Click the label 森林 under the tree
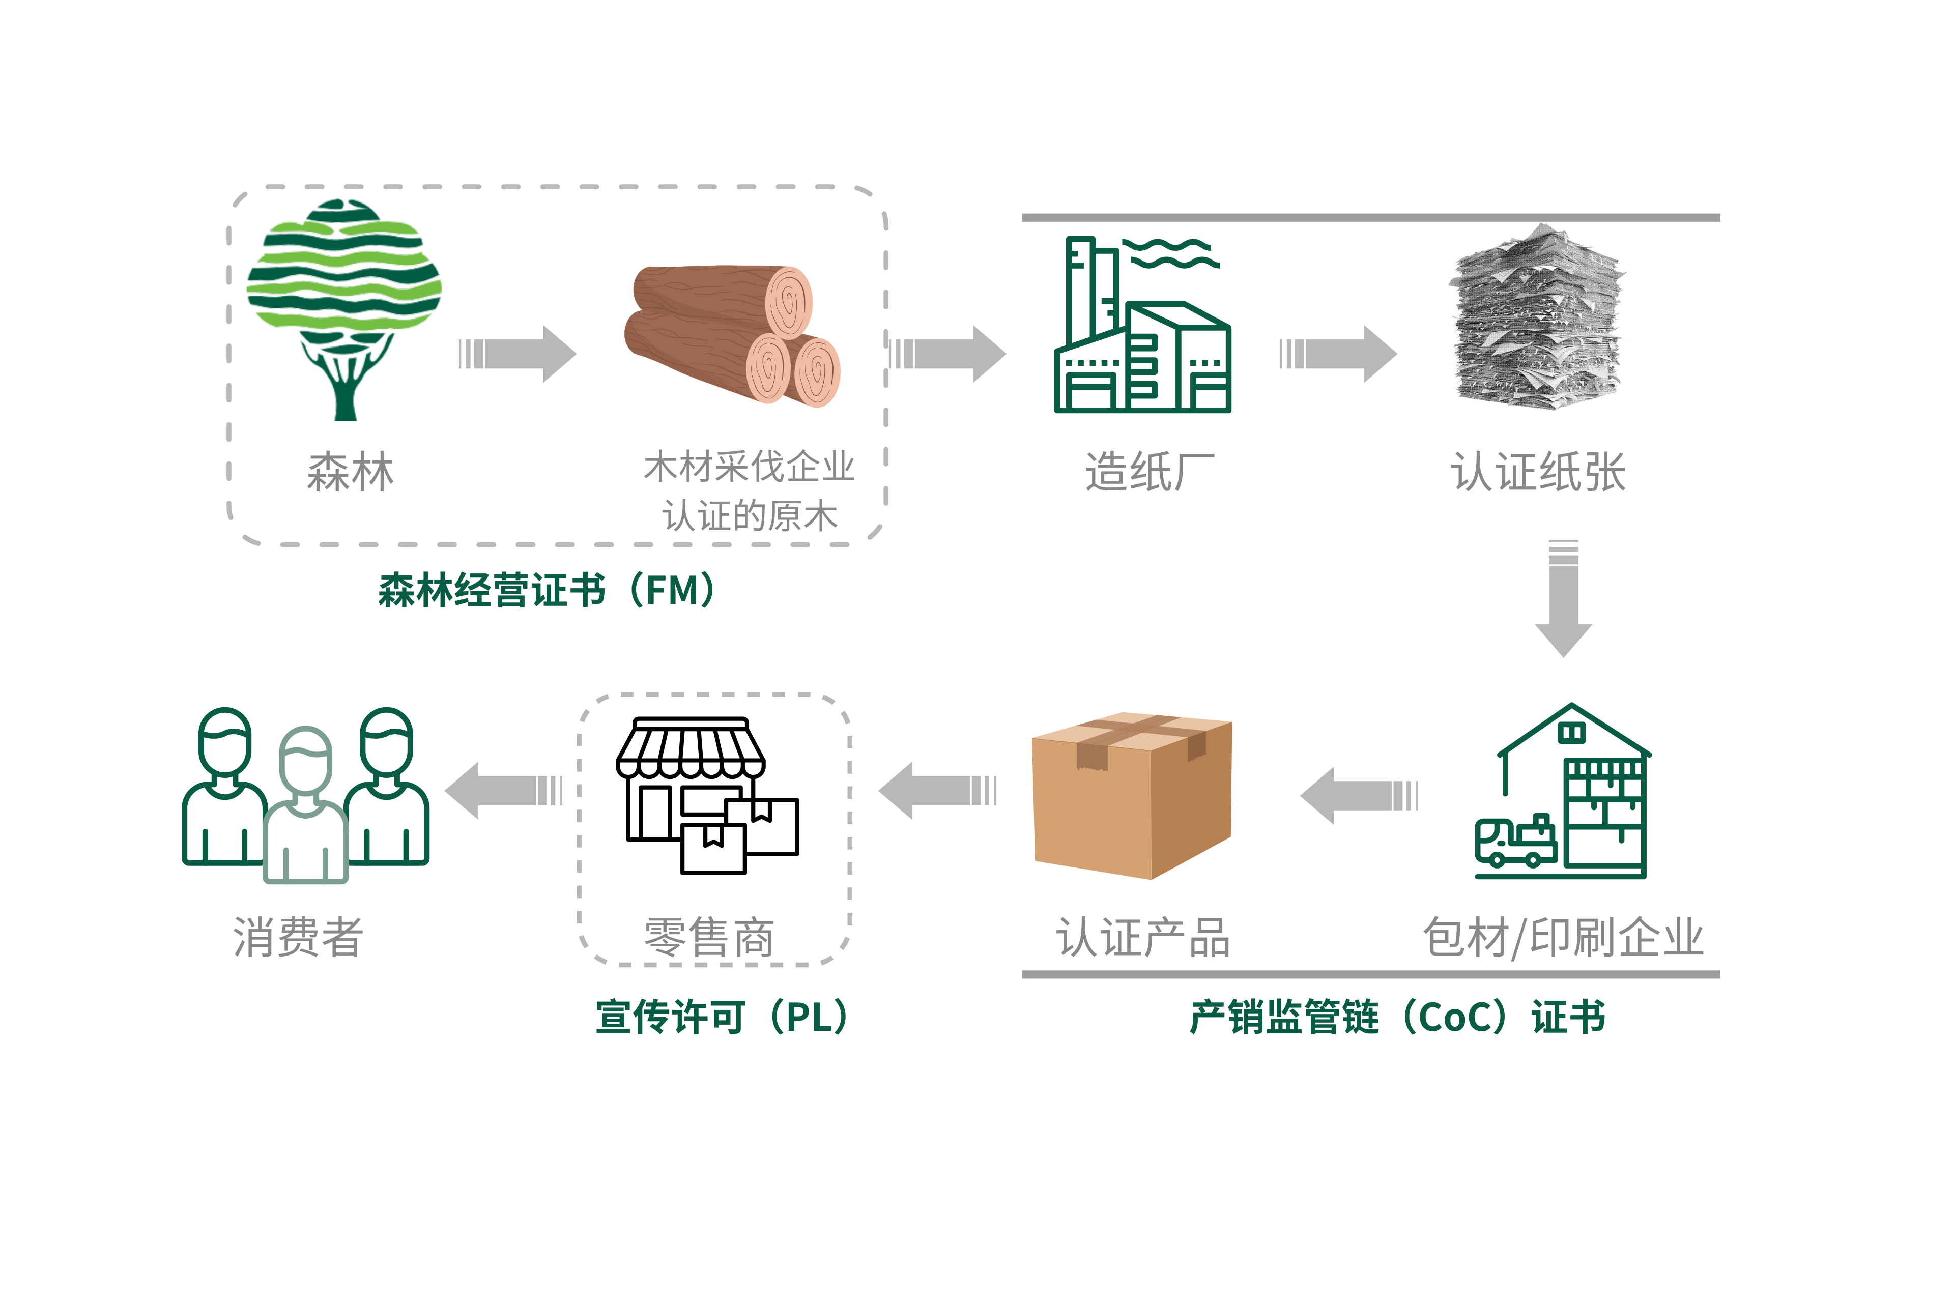pos(351,472)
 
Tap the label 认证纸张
pos(1537,472)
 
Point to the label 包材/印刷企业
pos(1562,937)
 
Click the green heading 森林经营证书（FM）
pos(547,590)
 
